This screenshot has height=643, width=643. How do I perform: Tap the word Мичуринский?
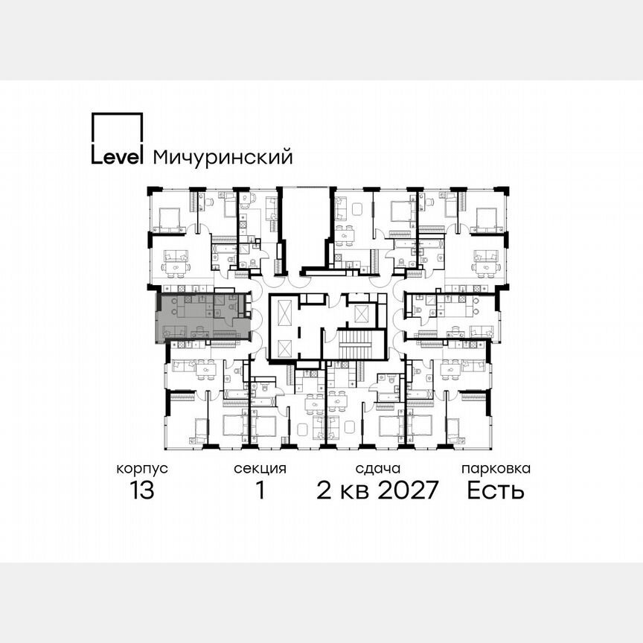click(222, 158)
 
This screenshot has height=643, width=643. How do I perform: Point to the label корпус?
click(141, 469)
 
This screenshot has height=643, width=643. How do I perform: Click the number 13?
click(141, 491)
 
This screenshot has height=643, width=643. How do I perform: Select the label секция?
click(260, 469)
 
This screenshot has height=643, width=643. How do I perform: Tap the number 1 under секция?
click(260, 491)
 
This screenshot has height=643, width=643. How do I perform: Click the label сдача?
click(378, 469)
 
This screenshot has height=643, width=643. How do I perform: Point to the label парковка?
click(496, 469)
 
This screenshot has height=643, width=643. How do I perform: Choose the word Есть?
click(496, 491)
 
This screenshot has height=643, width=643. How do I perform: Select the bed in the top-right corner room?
click(486, 217)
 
